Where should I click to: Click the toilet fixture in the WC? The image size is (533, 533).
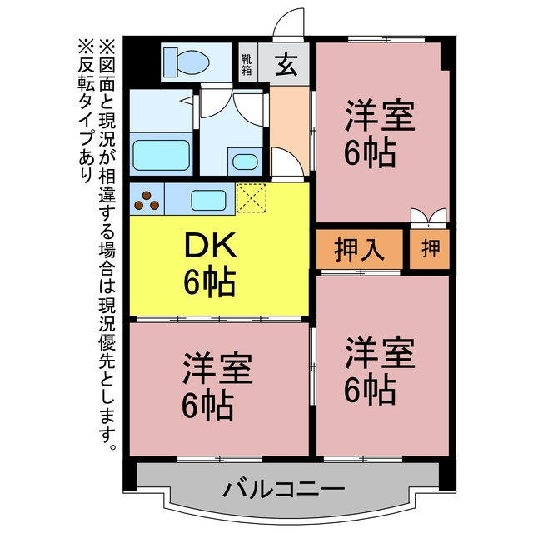[x=187, y=62]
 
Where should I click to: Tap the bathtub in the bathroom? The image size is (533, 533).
[x=161, y=155]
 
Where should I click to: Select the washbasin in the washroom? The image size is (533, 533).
[x=245, y=162]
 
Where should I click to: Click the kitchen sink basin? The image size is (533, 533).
[x=208, y=200]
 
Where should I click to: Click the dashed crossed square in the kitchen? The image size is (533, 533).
[x=252, y=198]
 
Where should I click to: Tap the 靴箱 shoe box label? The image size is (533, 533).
[x=247, y=65]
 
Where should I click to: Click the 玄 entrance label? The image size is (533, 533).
[x=286, y=65]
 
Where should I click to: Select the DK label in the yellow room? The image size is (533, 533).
[x=210, y=245]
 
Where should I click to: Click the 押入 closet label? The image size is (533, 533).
[x=359, y=250]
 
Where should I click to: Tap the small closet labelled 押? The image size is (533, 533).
[x=431, y=248]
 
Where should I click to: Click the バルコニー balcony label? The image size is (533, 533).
[x=284, y=490]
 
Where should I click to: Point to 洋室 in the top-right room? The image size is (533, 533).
[x=380, y=116]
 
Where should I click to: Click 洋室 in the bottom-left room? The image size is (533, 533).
[x=217, y=369]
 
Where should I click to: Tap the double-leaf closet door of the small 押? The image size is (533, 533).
[x=428, y=218]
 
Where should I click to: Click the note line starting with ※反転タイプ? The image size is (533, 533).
[x=86, y=111]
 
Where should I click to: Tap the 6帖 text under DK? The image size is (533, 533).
[x=210, y=282]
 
